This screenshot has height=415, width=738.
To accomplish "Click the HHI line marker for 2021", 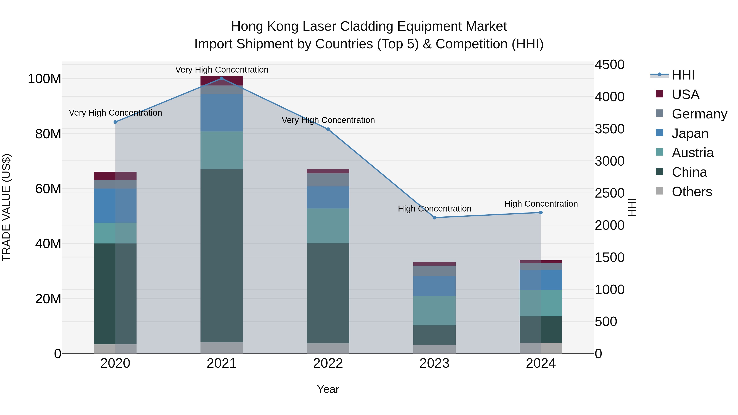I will (x=221, y=78).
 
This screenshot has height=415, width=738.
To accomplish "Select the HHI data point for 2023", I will (x=434, y=218).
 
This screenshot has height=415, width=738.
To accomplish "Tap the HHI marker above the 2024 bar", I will (x=541, y=213).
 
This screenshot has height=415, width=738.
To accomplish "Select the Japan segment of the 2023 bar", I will (x=434, y=286).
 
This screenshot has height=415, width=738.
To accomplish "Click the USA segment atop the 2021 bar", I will (x=221, y=81).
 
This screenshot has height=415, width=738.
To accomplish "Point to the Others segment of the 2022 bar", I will (x=328, y=348).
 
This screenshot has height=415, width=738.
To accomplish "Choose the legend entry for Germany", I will (x=699, y=114).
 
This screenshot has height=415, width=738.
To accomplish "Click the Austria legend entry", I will (x=692, y=153).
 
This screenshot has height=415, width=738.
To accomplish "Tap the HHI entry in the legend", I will (x=683, y=75).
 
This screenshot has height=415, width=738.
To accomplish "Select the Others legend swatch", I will (x=659, y=191).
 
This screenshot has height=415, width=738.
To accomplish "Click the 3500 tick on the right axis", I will (x=609, y=129).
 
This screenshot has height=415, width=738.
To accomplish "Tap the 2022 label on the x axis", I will (x=328, y=363).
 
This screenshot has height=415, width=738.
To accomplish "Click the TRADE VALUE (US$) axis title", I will (x=6, y=207).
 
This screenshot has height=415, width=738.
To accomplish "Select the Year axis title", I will (x=328, y=389).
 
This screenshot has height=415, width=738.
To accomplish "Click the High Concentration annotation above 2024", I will (x=541, y=204).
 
